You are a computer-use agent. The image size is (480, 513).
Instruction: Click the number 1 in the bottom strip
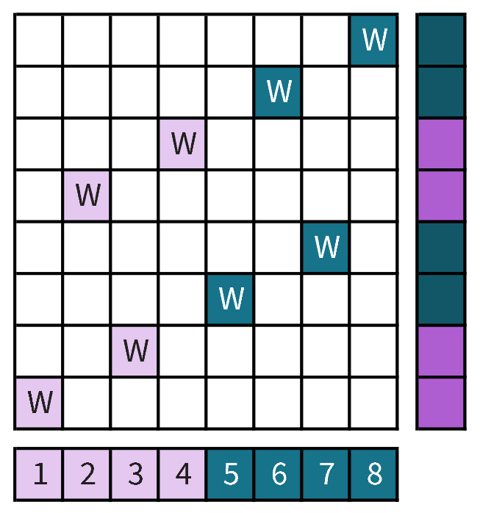[40, 474]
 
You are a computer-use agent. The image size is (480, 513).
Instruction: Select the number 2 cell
[87, 474]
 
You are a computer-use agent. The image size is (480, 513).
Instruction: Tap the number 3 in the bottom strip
[135, 474]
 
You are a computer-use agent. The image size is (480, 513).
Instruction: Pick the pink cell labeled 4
[183, 474]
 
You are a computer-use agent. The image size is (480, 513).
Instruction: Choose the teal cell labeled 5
[231, 474]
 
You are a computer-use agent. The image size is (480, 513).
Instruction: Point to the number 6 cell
[279, 474]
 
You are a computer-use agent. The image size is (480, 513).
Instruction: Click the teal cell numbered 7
[326, 474]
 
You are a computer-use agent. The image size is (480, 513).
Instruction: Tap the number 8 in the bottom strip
[374, 474]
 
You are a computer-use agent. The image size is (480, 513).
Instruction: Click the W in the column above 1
[40, 403]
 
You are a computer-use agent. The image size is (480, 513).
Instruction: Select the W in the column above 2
[87, 195]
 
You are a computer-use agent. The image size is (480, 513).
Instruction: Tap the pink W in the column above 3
[135, 351]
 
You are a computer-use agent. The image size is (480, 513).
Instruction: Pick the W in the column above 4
[183, 143]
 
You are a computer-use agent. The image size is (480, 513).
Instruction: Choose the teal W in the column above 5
[231, 298]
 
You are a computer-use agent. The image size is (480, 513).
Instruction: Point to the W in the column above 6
[279, 92]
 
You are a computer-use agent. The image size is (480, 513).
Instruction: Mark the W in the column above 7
[326, 247]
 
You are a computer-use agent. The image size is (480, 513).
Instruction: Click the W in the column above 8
[374, 40]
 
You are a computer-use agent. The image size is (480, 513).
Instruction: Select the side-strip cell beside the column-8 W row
[441, 40]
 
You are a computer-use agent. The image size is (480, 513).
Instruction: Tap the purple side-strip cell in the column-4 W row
[441, 143]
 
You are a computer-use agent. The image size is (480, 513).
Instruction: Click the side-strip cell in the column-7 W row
[441, 247]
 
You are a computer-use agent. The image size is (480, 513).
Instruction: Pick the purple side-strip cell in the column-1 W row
[441, 403]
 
